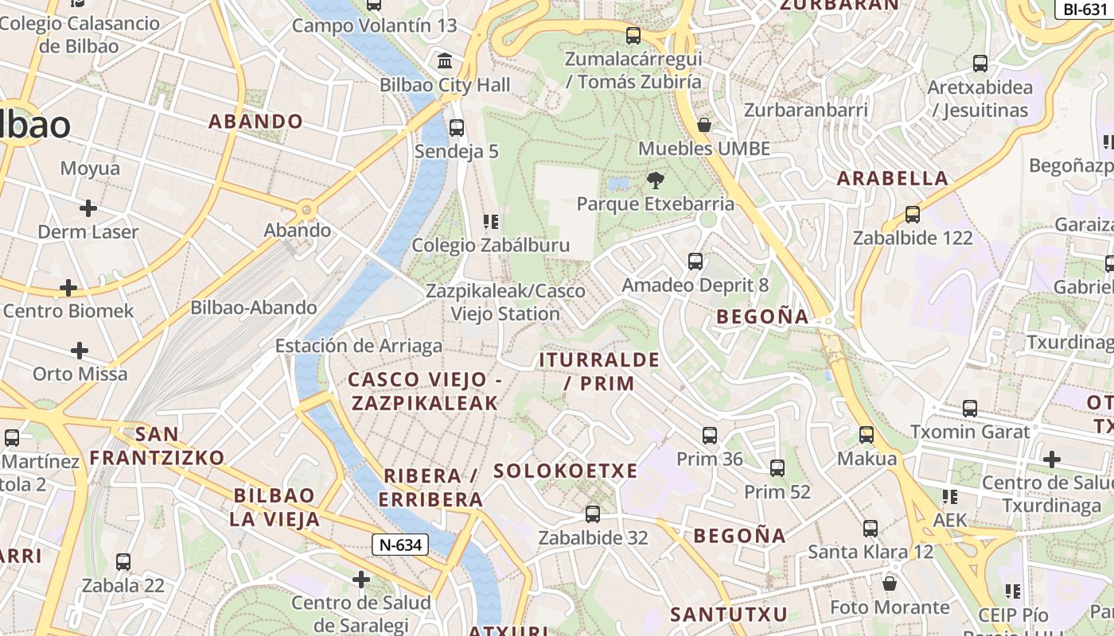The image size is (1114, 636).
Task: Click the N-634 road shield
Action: tap(401, 545)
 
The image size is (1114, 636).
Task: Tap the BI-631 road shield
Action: tap(1085, 9)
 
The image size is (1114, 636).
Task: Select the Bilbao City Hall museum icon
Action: tap(445, 60)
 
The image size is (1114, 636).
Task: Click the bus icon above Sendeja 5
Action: tap(457, 127)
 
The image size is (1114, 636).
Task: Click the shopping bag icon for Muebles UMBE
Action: tap(703, 124)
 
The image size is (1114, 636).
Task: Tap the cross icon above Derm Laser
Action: tap(88, 208)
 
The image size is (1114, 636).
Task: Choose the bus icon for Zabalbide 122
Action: tap(913, 214)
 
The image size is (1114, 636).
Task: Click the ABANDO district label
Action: tap(255, 122)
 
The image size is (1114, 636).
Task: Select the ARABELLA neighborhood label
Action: tap(893, 178)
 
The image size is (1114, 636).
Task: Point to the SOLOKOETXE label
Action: tap(566, 471)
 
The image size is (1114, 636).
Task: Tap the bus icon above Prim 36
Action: tap(710, 435)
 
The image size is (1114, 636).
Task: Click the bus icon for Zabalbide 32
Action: tap(592, 514)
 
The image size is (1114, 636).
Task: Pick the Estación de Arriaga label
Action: tap(358, 346)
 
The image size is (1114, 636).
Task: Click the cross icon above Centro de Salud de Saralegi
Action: tap(361, 579)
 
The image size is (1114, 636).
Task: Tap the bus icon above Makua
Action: tap(867, 435)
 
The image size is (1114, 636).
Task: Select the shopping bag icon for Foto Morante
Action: tap(890, 584)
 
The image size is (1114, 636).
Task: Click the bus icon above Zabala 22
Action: tap(123, 561)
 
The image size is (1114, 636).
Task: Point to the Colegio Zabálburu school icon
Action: tap(490, 221)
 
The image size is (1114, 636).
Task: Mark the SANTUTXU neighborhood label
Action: tap(728, 615)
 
